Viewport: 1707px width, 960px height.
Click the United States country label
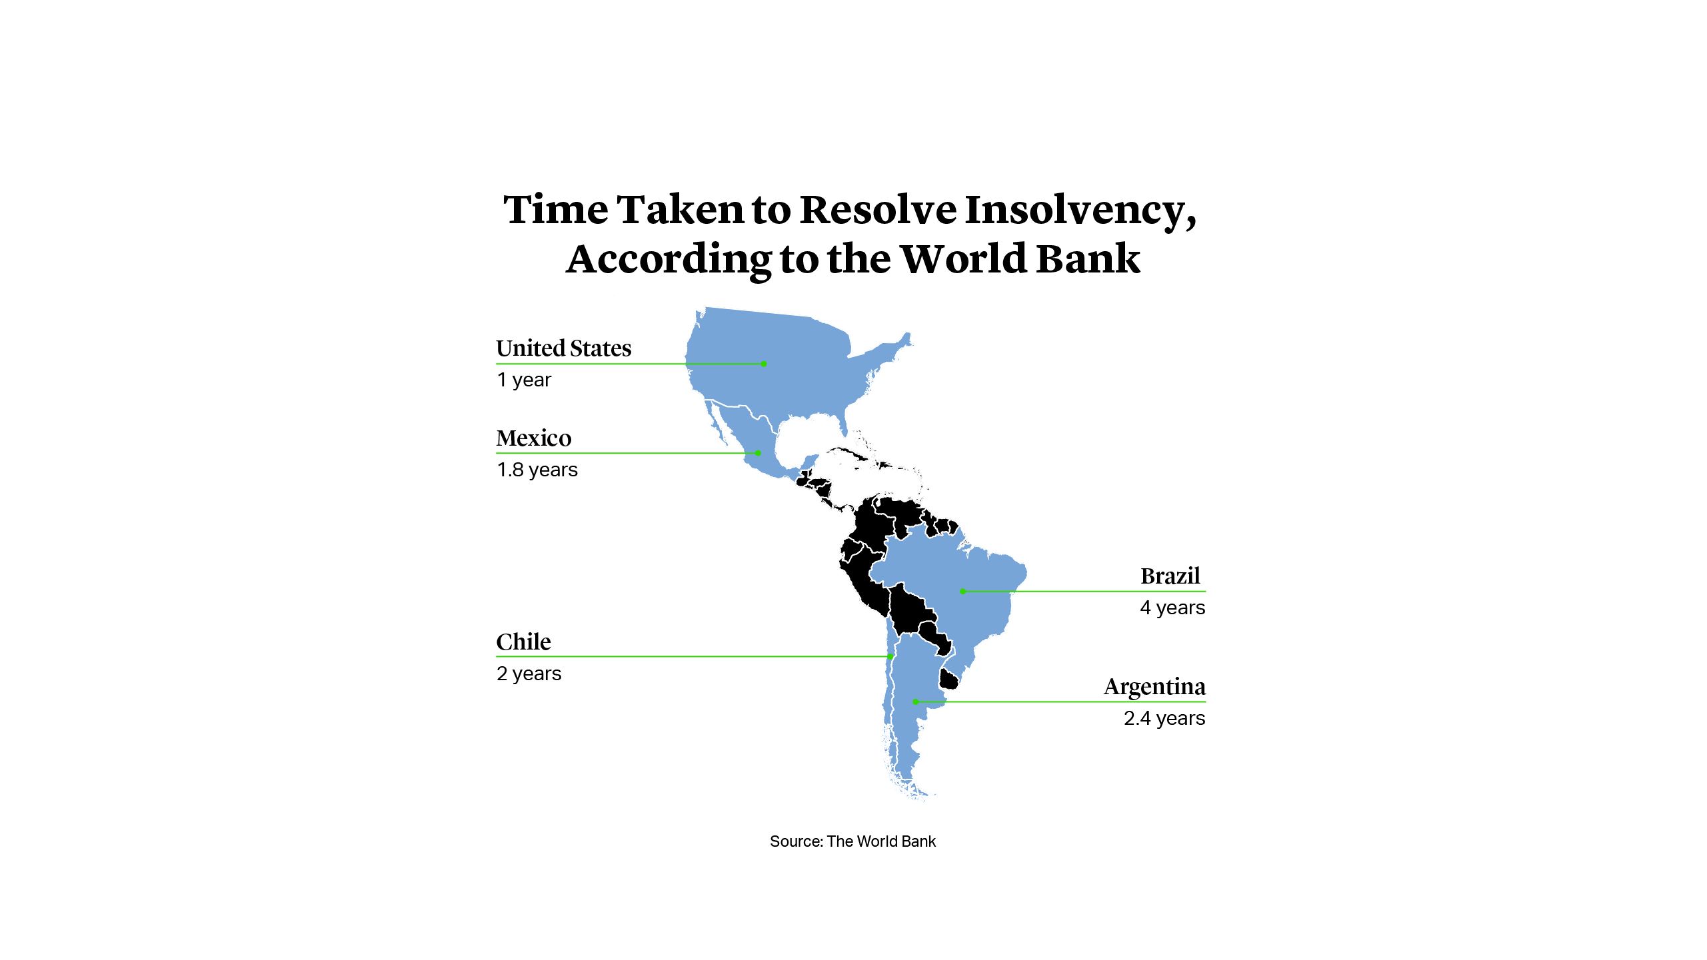click(563, 348)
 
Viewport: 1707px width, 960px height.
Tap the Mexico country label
click(533, 438)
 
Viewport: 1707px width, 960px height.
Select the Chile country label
click(523, 642)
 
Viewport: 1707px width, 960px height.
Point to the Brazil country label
click(1170, 576)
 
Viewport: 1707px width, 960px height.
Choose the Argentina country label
click(1154, 687)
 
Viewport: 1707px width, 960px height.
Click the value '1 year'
click(524, 380)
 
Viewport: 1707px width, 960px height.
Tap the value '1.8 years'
click(537, 470)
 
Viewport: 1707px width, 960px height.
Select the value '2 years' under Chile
click(529, 674)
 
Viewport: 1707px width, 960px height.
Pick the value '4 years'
click(1172, 608)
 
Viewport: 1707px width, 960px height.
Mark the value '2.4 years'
click(1164, 718)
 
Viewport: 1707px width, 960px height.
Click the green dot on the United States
click(764, 364)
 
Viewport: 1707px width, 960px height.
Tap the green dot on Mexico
click(758, 453)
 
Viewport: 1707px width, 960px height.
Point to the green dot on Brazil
click(962, 591)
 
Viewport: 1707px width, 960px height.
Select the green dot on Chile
click(890, 657)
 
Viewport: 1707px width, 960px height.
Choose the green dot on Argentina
click(916, 702)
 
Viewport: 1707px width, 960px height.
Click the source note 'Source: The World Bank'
click(853, 841)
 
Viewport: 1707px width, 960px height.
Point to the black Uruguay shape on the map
click(948, 680)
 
